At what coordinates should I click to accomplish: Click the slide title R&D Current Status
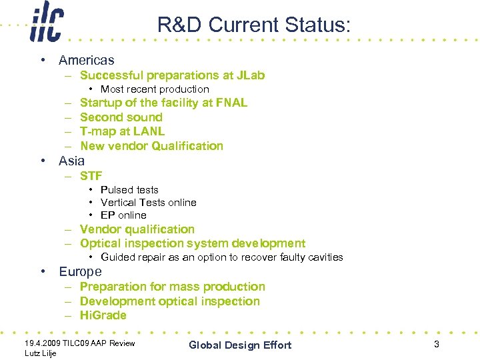(253, 25)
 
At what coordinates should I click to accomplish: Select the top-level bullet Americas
(86, 61)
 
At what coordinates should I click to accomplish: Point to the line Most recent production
(155, 89)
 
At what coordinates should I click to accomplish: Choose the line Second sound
(121, 117)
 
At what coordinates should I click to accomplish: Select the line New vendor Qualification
(151, 146)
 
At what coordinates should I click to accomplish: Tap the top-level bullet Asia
(71, 161)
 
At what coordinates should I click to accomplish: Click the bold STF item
(91, 176)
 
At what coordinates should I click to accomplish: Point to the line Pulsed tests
(129, 190)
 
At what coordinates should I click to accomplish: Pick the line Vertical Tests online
(148, 203)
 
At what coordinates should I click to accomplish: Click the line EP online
(123, 215)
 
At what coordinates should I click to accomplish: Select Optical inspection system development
(192, 244)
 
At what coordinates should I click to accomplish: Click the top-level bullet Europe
(80, 272)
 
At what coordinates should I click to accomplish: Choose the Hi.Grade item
(103, 315)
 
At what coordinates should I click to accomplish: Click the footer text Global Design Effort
(240, 345)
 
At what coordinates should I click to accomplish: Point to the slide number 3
(436, 344)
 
